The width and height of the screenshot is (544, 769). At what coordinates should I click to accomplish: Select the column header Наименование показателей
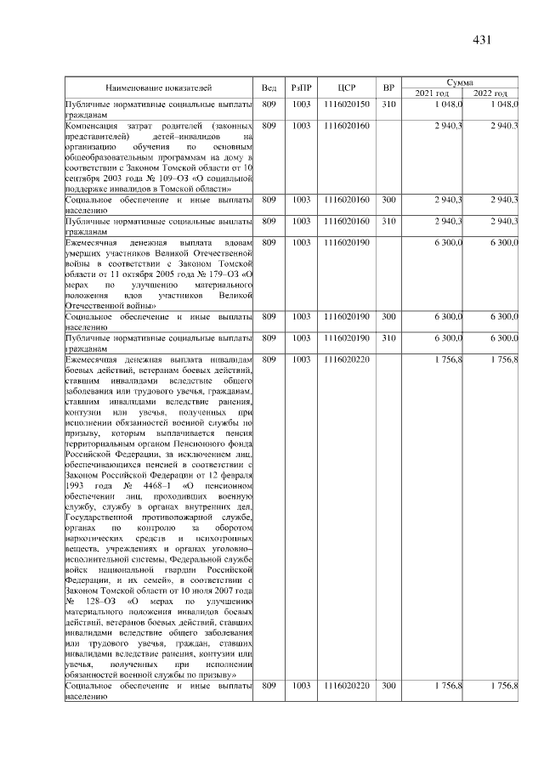(158, 88)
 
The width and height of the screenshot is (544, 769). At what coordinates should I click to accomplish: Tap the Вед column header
(269, 88)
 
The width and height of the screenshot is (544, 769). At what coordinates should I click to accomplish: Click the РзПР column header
(301, 88)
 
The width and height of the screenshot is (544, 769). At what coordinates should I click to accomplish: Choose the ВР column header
(388, 88)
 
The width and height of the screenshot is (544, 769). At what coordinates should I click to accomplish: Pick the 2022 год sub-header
(490, 93)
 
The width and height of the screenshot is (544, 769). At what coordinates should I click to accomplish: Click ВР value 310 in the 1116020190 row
(388, 338)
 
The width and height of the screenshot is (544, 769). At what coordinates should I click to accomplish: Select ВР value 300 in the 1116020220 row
(388, 685)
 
